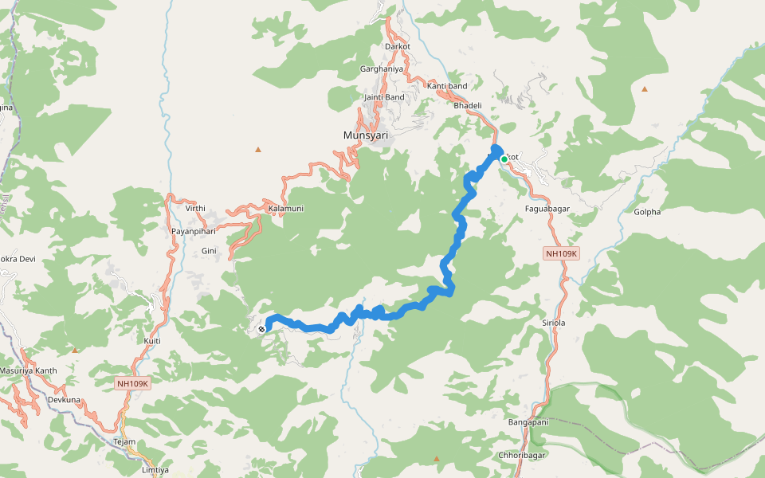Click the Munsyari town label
pos(366,135)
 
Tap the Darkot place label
pos(397,46)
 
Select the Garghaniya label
pos(382,69)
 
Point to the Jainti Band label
pos(384,97)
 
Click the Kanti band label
pos(447,85)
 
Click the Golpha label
pos(647,212)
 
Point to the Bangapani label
pos(528,421)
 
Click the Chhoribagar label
pos(521,456)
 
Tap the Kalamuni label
pos(286,208)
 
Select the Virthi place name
pos(195,208)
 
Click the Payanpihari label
pos(195,231)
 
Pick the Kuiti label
pos(152,341)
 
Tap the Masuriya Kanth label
pos(29,370)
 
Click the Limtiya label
pos(155,470)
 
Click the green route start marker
pos(504,159)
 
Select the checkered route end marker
pos(261,328)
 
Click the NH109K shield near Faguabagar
pos(561,253)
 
